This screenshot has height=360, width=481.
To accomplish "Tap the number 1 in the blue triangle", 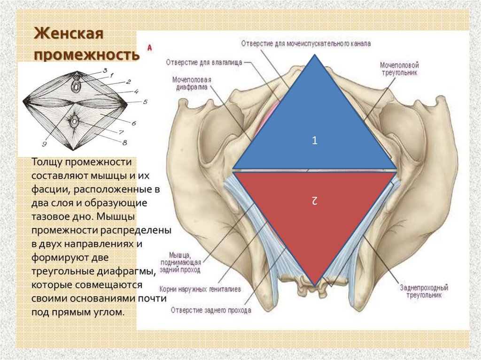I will point(315,140).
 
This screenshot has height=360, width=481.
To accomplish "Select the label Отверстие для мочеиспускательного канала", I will point(306,43).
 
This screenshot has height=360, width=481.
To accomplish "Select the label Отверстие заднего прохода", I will point(211,310).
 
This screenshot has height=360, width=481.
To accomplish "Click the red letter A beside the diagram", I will point(149,47).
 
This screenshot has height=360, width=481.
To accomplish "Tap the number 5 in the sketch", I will point(145,101).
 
